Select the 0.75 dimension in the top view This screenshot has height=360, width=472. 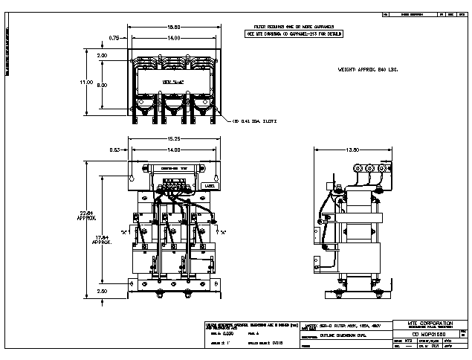[113, 37]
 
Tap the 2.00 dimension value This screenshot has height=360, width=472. [102, 56]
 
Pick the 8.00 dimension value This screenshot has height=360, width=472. [102, 85]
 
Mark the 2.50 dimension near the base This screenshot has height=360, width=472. [102, 291]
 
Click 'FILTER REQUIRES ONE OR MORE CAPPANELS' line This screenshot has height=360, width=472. [292, 27]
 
